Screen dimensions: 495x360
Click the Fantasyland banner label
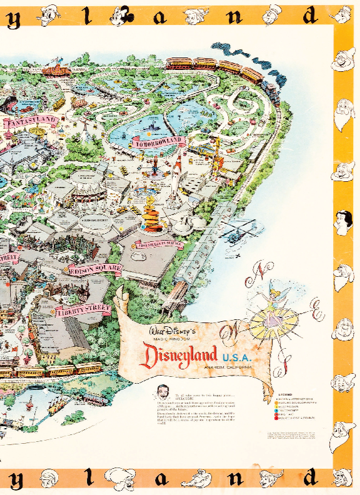click(32, 121)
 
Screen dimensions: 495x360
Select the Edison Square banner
click(94, 270)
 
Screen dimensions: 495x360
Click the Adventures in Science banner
click(161, 243)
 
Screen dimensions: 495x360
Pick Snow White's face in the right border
click(346, 221)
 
